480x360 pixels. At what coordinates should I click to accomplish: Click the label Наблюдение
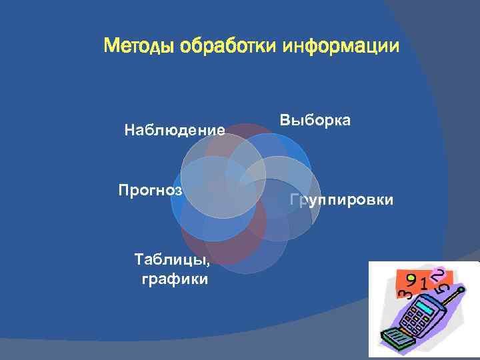pos(174,130)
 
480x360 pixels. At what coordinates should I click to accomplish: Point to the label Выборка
pos(315,120)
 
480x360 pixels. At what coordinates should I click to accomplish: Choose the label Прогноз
pos(150,189)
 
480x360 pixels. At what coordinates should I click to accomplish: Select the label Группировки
pos(342,200)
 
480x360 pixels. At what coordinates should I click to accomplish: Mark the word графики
pos(175,279)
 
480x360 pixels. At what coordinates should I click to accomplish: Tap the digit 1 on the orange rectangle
pos(424,285)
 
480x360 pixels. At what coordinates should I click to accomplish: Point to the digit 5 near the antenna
pos(442,289)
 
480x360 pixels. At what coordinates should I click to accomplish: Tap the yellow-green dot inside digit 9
pos(412,277)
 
